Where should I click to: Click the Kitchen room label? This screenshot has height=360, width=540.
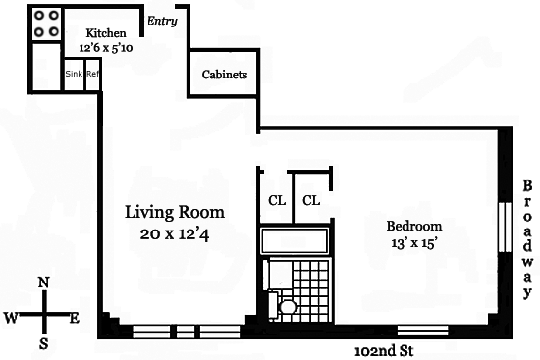click(x=106, y=33)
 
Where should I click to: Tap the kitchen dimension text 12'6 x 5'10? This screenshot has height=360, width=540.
click(x=106, y=48)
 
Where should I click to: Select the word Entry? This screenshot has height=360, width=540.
click(x=162, y=21)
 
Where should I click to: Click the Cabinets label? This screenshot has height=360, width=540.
click(x=225, y=75)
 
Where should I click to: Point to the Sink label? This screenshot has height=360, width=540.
click(x=74, y=74)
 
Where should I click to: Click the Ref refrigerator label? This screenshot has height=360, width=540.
click(x=92, y=74)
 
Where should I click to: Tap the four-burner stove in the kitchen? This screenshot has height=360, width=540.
click(x=46, y=24)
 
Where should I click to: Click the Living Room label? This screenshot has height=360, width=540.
click(x=175, y=212)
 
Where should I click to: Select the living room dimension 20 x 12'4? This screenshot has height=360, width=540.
click(x=175, y=234)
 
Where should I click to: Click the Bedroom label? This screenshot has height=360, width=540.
click(x=414, y=227)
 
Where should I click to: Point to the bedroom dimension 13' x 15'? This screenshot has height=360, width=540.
click(x=414, y=243)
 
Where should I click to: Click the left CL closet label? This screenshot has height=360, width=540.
click(x=277, y=200)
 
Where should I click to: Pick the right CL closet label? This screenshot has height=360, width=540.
click(x=311, y=200)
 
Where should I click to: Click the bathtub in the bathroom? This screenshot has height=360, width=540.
click(x=295, y=240)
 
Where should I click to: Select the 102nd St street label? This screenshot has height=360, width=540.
click(x=384, y=351)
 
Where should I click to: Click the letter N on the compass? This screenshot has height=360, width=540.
click(x=43, y=283)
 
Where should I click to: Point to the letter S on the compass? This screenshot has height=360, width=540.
click(x=44, y=343)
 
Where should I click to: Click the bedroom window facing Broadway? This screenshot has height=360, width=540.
click(x=505, y=228)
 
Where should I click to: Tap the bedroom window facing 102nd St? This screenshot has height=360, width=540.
click(x=423, y=331)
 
